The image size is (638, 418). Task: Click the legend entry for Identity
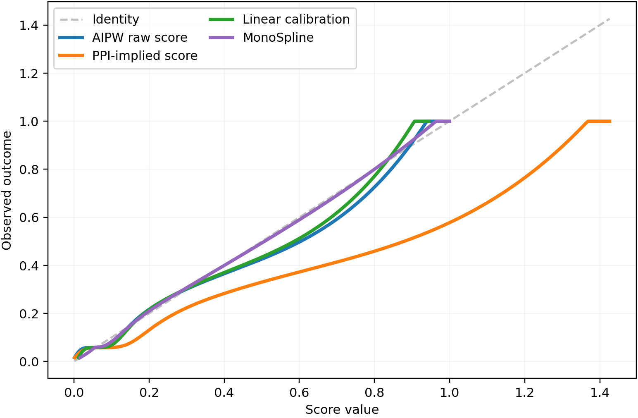tap(116, 19)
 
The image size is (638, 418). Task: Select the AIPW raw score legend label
tap(140, 38)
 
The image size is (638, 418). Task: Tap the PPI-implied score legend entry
tap(145, 56)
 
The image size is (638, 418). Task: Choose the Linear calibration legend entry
tap(296, 19)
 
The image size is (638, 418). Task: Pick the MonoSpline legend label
tap(278, 38)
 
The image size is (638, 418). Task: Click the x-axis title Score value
tap(342, 410)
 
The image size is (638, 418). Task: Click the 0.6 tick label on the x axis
tap(299, 392)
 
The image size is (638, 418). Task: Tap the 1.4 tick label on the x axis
tap(600, 392)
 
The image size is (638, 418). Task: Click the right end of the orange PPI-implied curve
tap(610, 121)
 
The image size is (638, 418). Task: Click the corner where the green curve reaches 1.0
tap(414, 121)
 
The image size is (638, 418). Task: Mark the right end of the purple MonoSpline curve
tap(450, 121)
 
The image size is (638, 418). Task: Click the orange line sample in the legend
tap(71, 56)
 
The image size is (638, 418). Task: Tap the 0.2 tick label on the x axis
tap(149, 392)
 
